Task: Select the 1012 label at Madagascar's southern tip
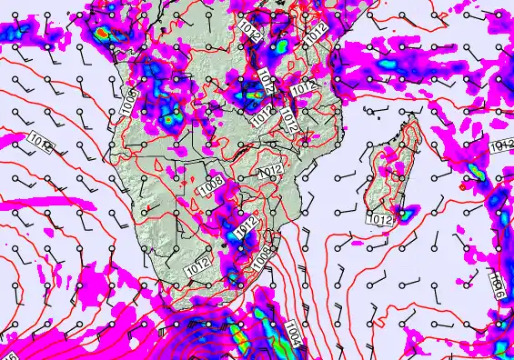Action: point(381,219)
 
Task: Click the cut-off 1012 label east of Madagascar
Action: point(502,147)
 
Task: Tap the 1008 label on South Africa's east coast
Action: point(261,258)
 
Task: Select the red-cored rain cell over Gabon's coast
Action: point(103,34)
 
